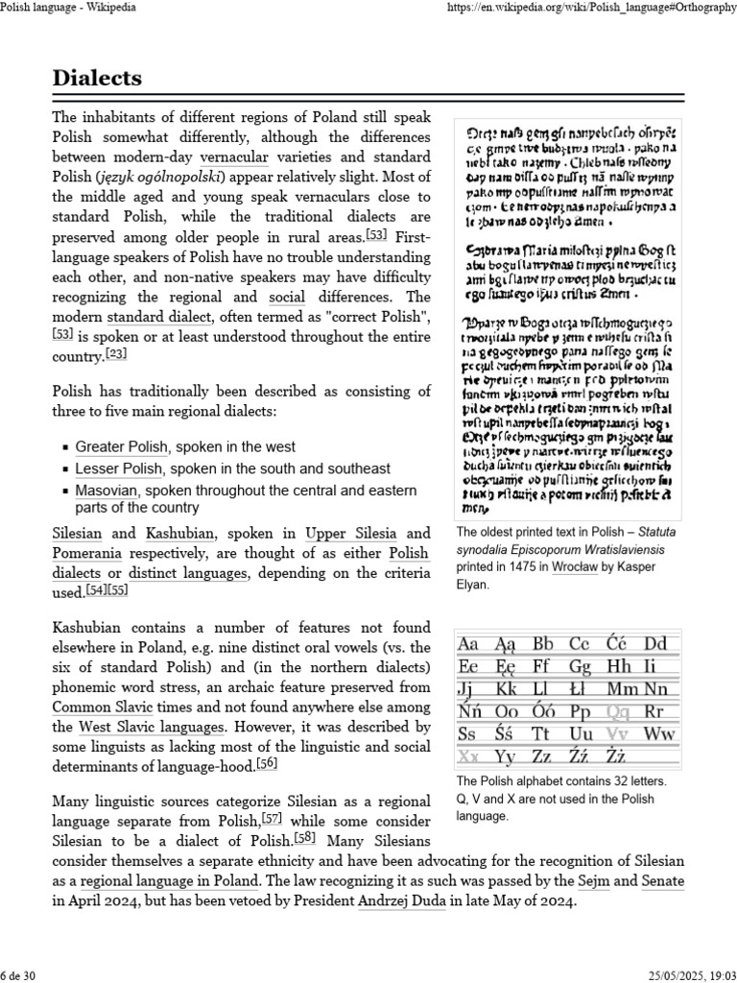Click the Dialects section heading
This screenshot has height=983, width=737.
point(97,78)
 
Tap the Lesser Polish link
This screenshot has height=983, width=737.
point(119,468)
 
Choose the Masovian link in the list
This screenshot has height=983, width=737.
point(107,491)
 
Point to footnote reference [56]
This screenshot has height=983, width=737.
point(267,762)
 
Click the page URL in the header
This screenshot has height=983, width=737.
point(593,8)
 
